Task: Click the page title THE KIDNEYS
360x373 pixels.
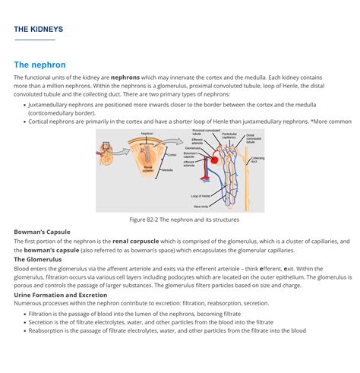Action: tap(38, 30)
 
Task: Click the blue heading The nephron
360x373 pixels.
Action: tap(39, 65)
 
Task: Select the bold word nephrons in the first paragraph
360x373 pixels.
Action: tap(126, 77)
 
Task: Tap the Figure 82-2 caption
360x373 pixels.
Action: tap(184, 220)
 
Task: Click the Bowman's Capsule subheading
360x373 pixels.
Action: tap(42, 232)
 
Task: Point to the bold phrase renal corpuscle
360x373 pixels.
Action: tap(135, 242)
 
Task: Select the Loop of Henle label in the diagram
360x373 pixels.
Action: tap(201, 196)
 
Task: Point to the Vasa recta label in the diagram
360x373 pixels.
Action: tap(201, 206)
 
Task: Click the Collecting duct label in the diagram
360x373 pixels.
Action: tap(257, 160)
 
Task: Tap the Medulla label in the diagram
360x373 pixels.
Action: tap(167, 170)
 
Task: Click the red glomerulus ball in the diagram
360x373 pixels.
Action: tap(215, 160)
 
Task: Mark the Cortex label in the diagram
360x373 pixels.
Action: tap(172, 154)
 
